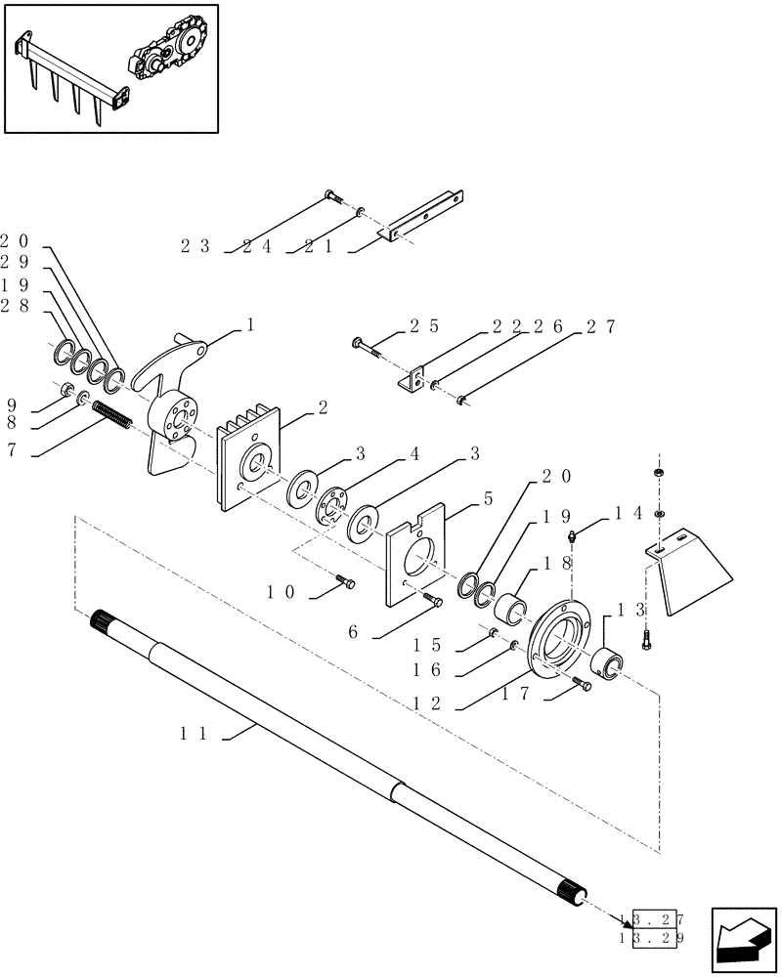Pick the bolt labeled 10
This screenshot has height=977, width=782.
(343, 583)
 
